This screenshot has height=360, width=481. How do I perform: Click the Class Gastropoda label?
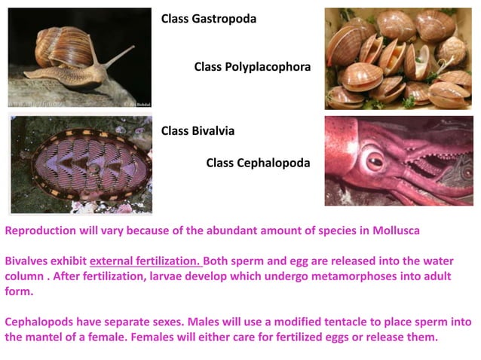209,18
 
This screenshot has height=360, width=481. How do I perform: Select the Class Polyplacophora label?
252,66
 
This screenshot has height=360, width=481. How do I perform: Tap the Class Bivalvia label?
198,130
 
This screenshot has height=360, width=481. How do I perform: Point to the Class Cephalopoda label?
258,162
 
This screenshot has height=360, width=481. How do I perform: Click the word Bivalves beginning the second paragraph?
27,261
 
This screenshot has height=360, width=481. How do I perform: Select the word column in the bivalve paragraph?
24,276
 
